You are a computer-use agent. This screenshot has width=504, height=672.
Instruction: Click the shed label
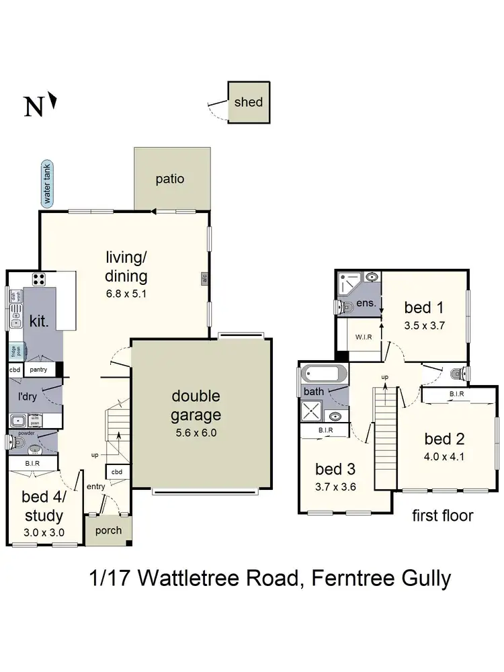pos(248,103)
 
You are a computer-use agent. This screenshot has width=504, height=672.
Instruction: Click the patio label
pos(170,179)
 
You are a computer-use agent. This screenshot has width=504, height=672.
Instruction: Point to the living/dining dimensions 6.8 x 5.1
pos(126,293)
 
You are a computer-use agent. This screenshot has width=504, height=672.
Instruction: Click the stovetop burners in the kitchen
pos(39,279)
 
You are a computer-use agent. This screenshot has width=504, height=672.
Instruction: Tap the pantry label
pos(40,370)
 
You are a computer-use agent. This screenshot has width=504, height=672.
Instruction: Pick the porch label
pos(108,530)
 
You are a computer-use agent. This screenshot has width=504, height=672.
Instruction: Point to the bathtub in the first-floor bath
pos(324,374)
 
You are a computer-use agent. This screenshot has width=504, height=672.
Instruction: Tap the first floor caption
pos(442,516)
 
